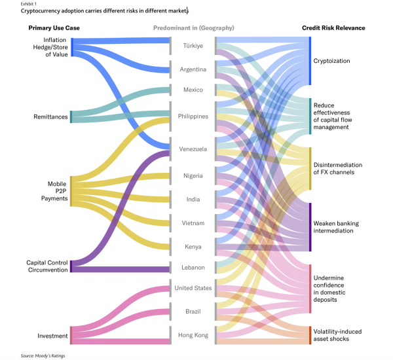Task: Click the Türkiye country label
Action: tap(193, 46)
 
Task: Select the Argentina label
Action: tap(193, 69)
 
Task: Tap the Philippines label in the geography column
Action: tap(193, 117)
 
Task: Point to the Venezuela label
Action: tap(193, 149)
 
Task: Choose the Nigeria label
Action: tap(193, 175)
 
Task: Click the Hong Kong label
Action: tap(193, 335)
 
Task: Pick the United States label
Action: tap(193, 288)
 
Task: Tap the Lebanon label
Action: tap(193, 267)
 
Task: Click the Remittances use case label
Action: tap(50, 117)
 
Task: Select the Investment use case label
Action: tap(52, 336)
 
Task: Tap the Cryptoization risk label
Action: tap(331, 61)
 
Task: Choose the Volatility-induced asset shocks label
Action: tap(339, 334)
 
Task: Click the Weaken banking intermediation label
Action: tap(336, 227)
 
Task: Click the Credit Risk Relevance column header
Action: tap(333, 28)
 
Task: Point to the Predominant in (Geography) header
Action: tap(193, 28)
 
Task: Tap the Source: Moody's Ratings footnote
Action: tap(43, 355)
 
